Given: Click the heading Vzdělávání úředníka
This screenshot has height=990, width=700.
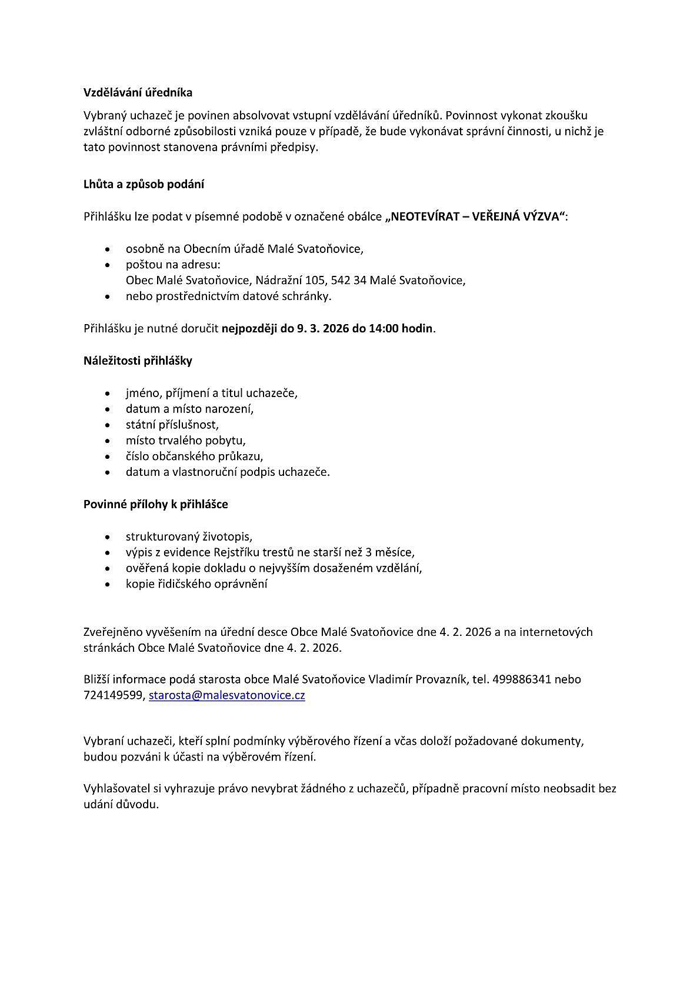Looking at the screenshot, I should (x=138, y=93).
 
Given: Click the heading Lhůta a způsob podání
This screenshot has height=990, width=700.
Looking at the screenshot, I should (x=144, y=184).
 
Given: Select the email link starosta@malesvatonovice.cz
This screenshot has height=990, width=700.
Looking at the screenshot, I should (x=226, y=695).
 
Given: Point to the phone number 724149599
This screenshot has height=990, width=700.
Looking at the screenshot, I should (x=113, y=695).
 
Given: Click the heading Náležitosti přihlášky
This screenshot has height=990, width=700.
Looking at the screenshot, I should (x=138, y=361).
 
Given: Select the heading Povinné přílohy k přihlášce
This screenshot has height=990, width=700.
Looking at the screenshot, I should (x=156, y=504).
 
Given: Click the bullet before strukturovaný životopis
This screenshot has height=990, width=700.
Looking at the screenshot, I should (x=107, y=537).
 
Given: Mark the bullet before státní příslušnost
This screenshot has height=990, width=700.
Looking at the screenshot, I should (x=107, y=425).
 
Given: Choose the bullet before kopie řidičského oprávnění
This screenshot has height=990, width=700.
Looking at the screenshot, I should (x=107, y=585).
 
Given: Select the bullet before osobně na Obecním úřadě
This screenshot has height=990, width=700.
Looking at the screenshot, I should (x=107, y=249).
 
